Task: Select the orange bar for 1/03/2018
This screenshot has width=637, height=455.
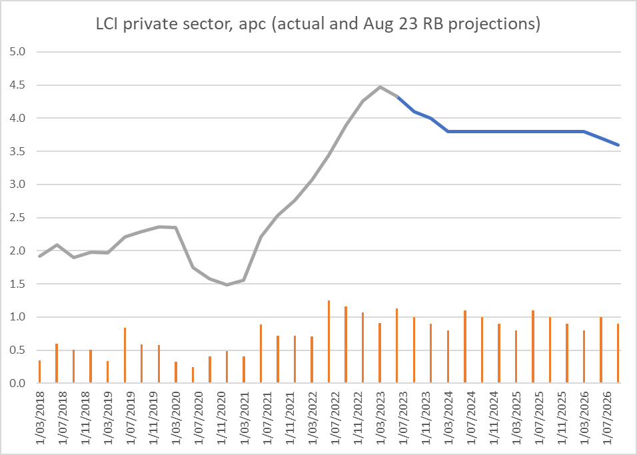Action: point(39,372)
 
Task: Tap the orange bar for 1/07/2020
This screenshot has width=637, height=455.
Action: point(193,375)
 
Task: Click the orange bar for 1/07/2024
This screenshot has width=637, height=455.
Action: point(464,347)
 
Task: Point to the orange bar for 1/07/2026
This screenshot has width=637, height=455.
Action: point(601,350)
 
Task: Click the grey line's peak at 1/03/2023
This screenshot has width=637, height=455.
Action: point(380,87)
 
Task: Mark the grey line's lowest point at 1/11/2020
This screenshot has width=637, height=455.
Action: point(227,284)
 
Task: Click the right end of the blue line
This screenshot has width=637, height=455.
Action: point(618,145)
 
